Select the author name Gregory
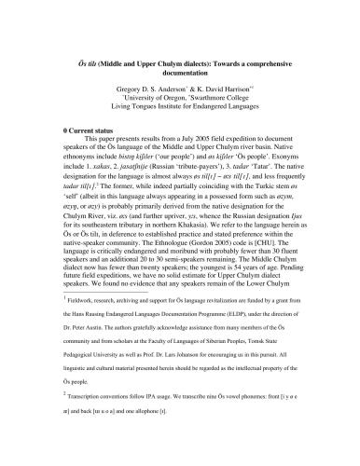pos(127,85)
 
